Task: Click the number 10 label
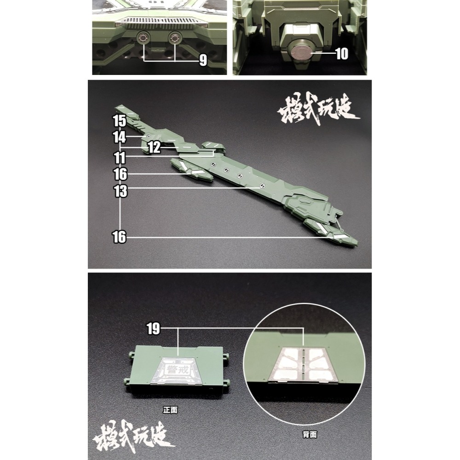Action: click(x=342, y=54)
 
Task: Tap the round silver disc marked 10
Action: click(x=301, y=52)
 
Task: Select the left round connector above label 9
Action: click(x=144, y=38)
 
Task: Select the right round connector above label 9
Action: click(x=175, y=38)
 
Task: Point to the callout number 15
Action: click(x=119, y=121)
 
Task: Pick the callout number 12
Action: click(x=154, y=147)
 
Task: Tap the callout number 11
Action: click(x=119, y=157)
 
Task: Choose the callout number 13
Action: click(x=121, y=191)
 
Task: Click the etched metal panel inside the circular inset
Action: click(x=304, y=363)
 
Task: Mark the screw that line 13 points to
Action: click(x=262, y=186)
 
